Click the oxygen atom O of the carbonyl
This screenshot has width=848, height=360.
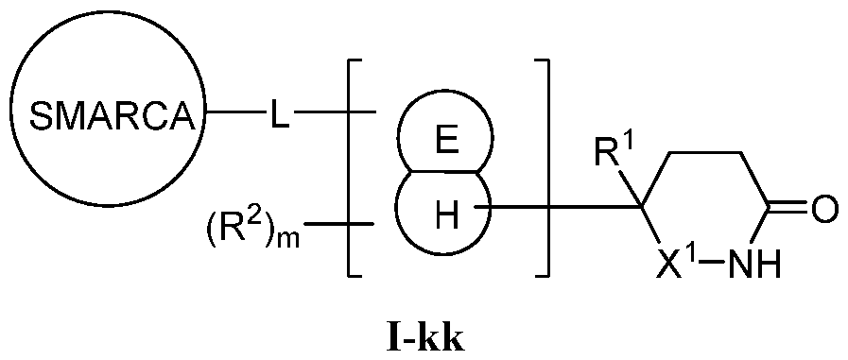tap(824, 208)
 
